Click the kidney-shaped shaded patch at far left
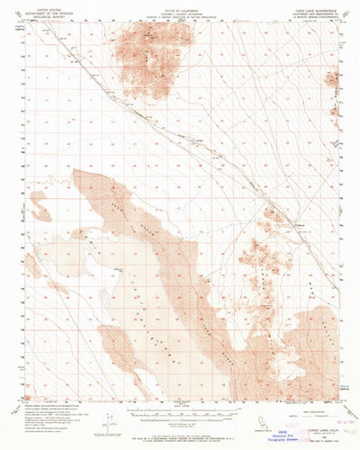[x=38, y=206]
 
